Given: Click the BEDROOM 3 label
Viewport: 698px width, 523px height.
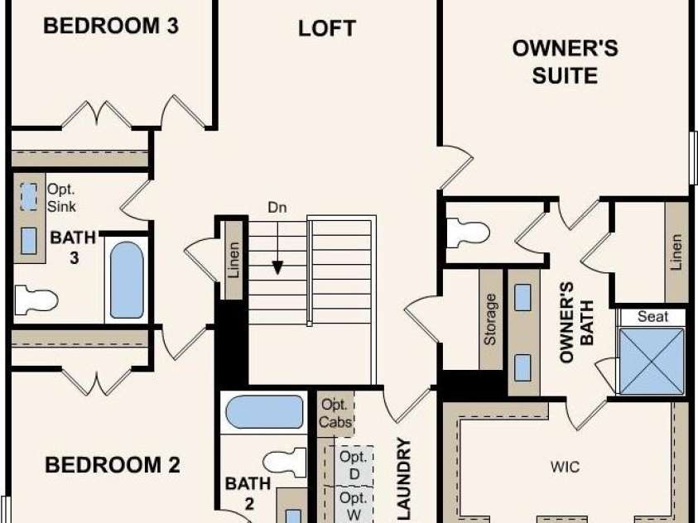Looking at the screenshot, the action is coord(111,26).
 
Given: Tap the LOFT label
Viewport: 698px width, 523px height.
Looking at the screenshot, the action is coord(327,28).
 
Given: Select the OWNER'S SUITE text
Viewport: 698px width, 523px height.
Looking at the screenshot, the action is coord(565,62).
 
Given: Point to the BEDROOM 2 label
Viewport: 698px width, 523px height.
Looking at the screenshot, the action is coord(112,465).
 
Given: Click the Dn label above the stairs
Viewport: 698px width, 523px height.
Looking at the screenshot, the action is coord(277,208).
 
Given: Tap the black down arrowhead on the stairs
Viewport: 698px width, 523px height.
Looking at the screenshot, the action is coord(277,268).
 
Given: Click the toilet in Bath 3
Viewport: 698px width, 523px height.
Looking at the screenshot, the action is coord(36,300).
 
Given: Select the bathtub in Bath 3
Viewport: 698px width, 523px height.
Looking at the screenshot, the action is coord(127,281).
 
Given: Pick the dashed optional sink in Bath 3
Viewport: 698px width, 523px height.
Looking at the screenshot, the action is coord(29,197).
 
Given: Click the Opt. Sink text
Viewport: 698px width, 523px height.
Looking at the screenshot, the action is coord(61,198).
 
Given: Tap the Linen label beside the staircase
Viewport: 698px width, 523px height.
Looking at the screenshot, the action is coord(233,260).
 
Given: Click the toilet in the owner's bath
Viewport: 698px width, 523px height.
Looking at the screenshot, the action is coord(468,233).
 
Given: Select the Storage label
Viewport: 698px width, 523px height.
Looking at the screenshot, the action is coord(490,319).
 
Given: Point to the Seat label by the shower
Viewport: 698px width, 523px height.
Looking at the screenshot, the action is coord(652,317).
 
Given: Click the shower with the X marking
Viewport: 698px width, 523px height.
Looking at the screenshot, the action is coord(652,362).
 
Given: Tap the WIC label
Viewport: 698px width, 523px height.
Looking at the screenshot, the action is coord(565,467).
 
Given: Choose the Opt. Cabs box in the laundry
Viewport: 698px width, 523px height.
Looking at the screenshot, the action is coord(335,414).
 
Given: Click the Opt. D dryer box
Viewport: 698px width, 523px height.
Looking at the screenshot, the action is coord(354,465).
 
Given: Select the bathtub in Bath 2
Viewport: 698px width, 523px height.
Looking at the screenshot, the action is coord(264,412).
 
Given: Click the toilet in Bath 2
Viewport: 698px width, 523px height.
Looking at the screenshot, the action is coord(285,463).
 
